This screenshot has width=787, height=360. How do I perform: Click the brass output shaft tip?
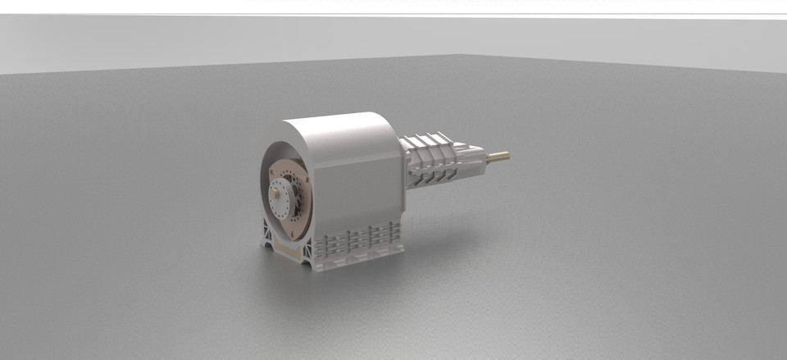[500, 155]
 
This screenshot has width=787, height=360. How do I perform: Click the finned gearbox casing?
[443, 164]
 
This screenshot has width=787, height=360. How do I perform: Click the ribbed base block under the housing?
[361, 242]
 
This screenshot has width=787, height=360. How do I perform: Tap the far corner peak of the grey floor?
[464, 56]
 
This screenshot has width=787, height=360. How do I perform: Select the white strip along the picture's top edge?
[393, 7]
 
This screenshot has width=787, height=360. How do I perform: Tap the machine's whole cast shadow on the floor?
[426, 246]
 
